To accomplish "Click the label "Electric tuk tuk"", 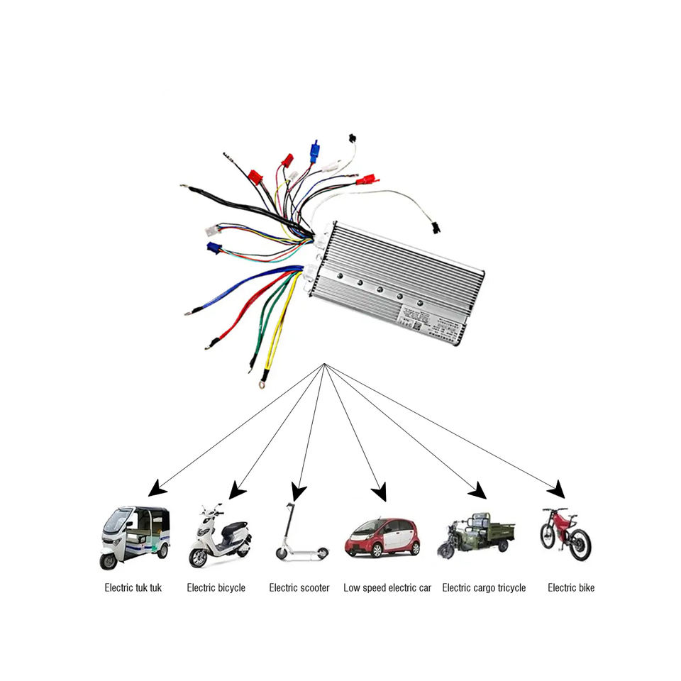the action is [133, 587].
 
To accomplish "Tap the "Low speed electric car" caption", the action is [387, 587].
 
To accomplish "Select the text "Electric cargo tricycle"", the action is [484, 587].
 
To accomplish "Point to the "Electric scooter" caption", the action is [299, 587].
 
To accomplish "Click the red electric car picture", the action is [382, 537].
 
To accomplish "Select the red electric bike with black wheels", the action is [566, 533].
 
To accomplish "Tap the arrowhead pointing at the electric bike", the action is [558, 489].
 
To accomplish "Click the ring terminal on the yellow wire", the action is [264, 386].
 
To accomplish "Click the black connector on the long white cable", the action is [433, 228].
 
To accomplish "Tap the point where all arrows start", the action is [324, 365].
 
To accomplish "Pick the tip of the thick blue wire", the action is [187, 312].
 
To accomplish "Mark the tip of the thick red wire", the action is [209, 346].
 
